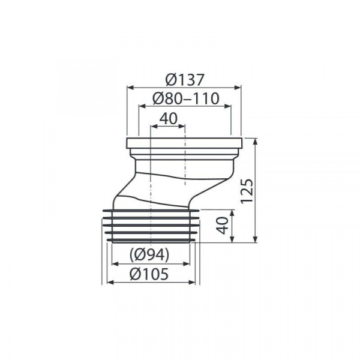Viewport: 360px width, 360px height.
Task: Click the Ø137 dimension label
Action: (184, 80)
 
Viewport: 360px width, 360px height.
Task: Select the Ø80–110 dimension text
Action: (186, 98)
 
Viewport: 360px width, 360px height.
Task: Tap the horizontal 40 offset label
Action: (169, 119)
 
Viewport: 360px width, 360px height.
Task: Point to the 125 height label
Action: (247, 191)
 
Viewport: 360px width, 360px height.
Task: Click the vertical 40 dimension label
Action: (223, 226)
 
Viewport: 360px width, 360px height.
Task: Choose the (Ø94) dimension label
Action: (149, 254)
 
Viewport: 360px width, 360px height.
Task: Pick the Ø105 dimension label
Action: (149, 274)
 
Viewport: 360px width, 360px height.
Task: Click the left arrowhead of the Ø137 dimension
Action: (130, 88)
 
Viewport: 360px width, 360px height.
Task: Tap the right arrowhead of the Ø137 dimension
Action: (238, 88)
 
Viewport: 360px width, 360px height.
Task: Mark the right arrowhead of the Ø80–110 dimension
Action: (227, 106)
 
